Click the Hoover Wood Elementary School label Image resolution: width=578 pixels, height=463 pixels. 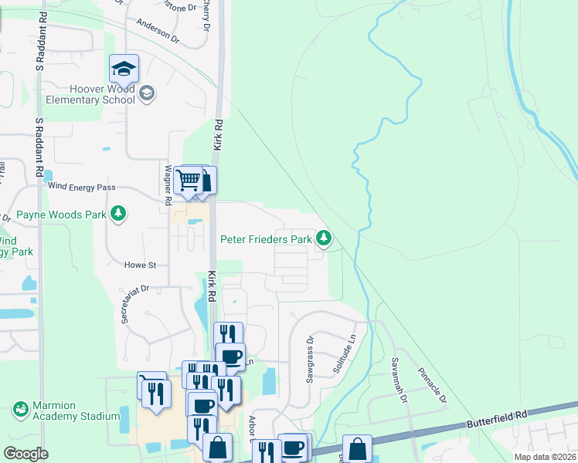[x=90, y=94]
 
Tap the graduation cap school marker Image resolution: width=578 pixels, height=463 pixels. [x=124, y=69]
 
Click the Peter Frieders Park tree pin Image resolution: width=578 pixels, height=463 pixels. [x=325, y=239]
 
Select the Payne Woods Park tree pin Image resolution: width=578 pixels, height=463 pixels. [x=118, y=214]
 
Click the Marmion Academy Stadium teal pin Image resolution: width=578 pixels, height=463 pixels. [x=21, y=408]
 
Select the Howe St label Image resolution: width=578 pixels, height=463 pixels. [x=141, y=265]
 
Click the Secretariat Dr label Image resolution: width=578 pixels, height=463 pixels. [x=134, y=303]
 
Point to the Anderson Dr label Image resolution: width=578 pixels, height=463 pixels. [x=157, y=30]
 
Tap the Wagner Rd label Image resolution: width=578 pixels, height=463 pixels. [x=168, y=184]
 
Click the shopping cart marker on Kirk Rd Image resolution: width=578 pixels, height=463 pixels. [x=188, y=181]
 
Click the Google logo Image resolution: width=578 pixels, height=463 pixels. [x=25, y=454]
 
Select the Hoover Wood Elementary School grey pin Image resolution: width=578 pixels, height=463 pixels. [x=147, y=94]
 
